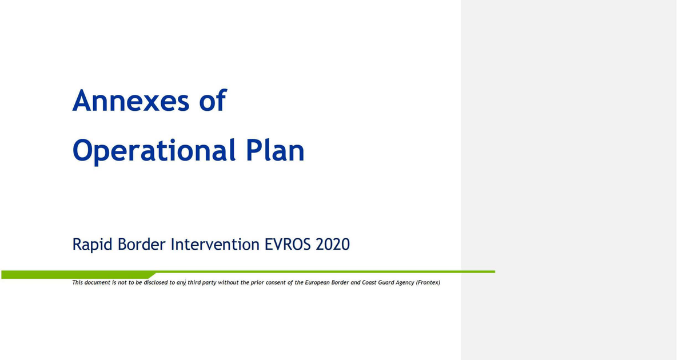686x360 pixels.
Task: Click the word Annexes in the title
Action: coord(130,101)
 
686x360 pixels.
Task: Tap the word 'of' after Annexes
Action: coord(212,101)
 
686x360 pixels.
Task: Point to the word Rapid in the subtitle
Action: coord(92,245)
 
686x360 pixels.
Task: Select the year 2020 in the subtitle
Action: coord(333,245)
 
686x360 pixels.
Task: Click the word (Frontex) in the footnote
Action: coord(428,282)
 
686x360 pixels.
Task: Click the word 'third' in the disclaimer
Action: coord(194,282)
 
